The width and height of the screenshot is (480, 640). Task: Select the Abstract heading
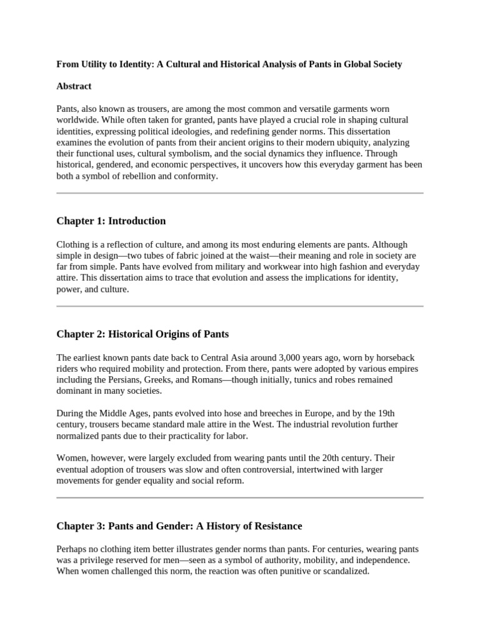coord(74,86)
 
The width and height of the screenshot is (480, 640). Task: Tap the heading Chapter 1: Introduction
coord(111,221)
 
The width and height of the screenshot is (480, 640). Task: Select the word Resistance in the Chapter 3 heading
coord(272,526)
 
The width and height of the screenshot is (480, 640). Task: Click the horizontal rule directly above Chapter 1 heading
coord(240,194)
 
